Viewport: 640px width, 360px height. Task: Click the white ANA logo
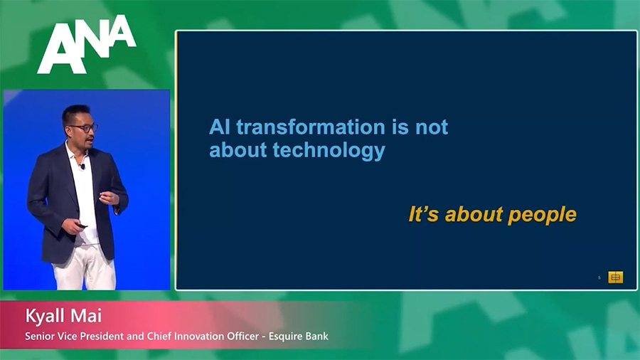tap(87, 44)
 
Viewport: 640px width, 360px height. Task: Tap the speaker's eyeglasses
tap(84, 128)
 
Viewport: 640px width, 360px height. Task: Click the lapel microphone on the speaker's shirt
tap(82, 166)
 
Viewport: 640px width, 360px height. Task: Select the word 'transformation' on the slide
tap(311, 127)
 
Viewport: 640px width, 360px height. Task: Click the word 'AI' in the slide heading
tap(219, 127)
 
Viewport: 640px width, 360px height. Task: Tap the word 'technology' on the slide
tap(329, 151)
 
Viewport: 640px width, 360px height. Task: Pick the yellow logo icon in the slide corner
tap(616, 277)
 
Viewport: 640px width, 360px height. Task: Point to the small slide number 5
tap(599, 277)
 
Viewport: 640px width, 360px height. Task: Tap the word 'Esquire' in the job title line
tap(285, 337)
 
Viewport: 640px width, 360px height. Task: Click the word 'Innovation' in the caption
tap(199, 337)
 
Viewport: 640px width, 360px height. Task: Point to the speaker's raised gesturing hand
tap(109, 198)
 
